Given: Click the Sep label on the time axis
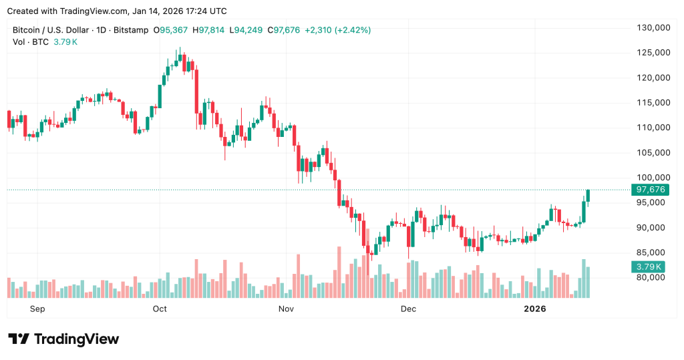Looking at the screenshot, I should point(37,309).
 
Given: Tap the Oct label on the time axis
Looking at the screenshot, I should point(160,309).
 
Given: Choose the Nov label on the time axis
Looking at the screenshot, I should point(286,309).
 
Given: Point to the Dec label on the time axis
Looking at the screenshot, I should point(408,309).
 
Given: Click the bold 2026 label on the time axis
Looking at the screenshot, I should point(534,309).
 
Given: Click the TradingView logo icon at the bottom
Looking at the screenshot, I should point(19,339).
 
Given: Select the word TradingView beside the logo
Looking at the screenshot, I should point(76,339).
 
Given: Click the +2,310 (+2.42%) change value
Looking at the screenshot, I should point(337,30).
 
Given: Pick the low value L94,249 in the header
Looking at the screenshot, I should point(247,30).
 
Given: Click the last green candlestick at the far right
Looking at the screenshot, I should point(588,195).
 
